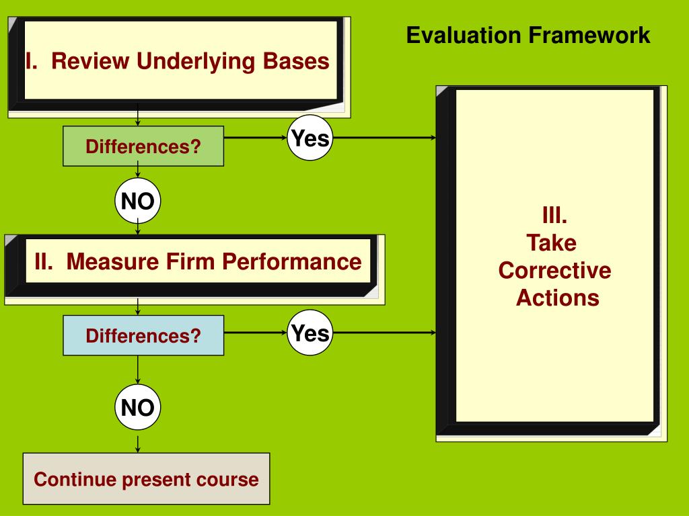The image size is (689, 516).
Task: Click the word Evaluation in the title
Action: pos(464,35)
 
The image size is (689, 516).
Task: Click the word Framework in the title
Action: pos(589,35)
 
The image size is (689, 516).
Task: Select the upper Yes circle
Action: pos(310,138)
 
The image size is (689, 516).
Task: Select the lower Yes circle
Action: pos(310,333)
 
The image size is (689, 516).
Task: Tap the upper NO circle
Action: pos(137,200)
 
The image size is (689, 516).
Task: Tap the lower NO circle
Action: pos(137,407)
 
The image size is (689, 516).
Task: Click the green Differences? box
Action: pos(143,146)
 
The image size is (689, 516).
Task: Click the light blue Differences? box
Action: pos(143,335)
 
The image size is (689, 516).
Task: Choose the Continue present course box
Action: pos(146,478)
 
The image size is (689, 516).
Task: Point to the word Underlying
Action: pos(196,61)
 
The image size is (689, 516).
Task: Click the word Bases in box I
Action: pos(296,61)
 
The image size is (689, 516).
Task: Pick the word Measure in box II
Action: pos(113,261)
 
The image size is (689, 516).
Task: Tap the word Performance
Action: pos(292,262)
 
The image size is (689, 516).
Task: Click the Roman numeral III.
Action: pos(554,215)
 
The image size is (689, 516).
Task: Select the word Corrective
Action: pos(554,270)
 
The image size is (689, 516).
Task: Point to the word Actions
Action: pos(558,298)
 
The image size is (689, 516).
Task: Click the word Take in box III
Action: pos(552,243)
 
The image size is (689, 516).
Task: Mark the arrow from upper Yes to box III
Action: pos(384,138)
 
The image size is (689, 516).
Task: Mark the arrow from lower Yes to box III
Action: pos(384,333)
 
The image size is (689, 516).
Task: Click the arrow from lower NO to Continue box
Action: pos(137,444)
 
